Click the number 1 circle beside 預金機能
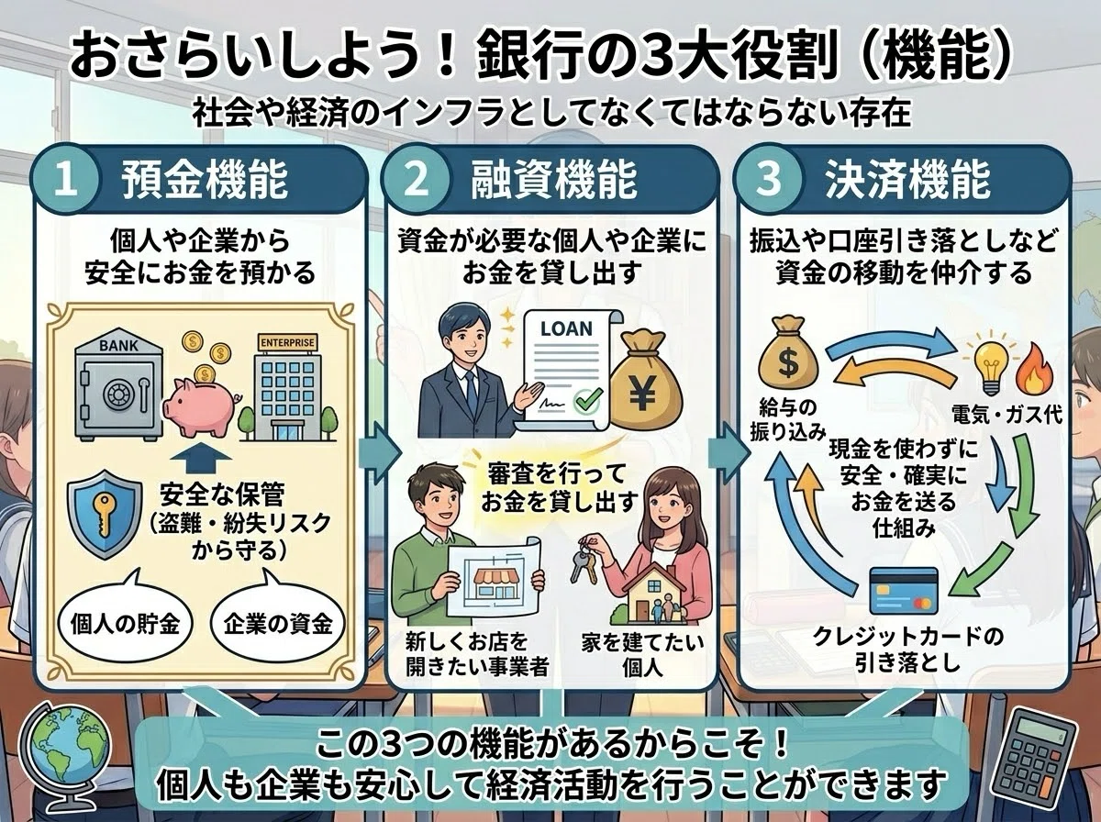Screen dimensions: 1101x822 (x=66, y=181)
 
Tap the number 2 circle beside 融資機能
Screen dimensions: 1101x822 (x=417, y=181)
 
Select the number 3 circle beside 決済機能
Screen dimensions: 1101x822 (x=769, y=179)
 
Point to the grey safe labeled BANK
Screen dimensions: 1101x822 (x=118, y=384)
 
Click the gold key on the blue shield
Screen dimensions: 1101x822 (x=105, y=512)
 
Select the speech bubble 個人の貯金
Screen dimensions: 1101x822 (x=125, y=625)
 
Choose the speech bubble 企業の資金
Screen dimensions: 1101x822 (x=278, y=625)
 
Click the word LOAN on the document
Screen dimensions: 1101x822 (x=566, y=328)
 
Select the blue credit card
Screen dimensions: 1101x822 (x=904, y=590)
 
